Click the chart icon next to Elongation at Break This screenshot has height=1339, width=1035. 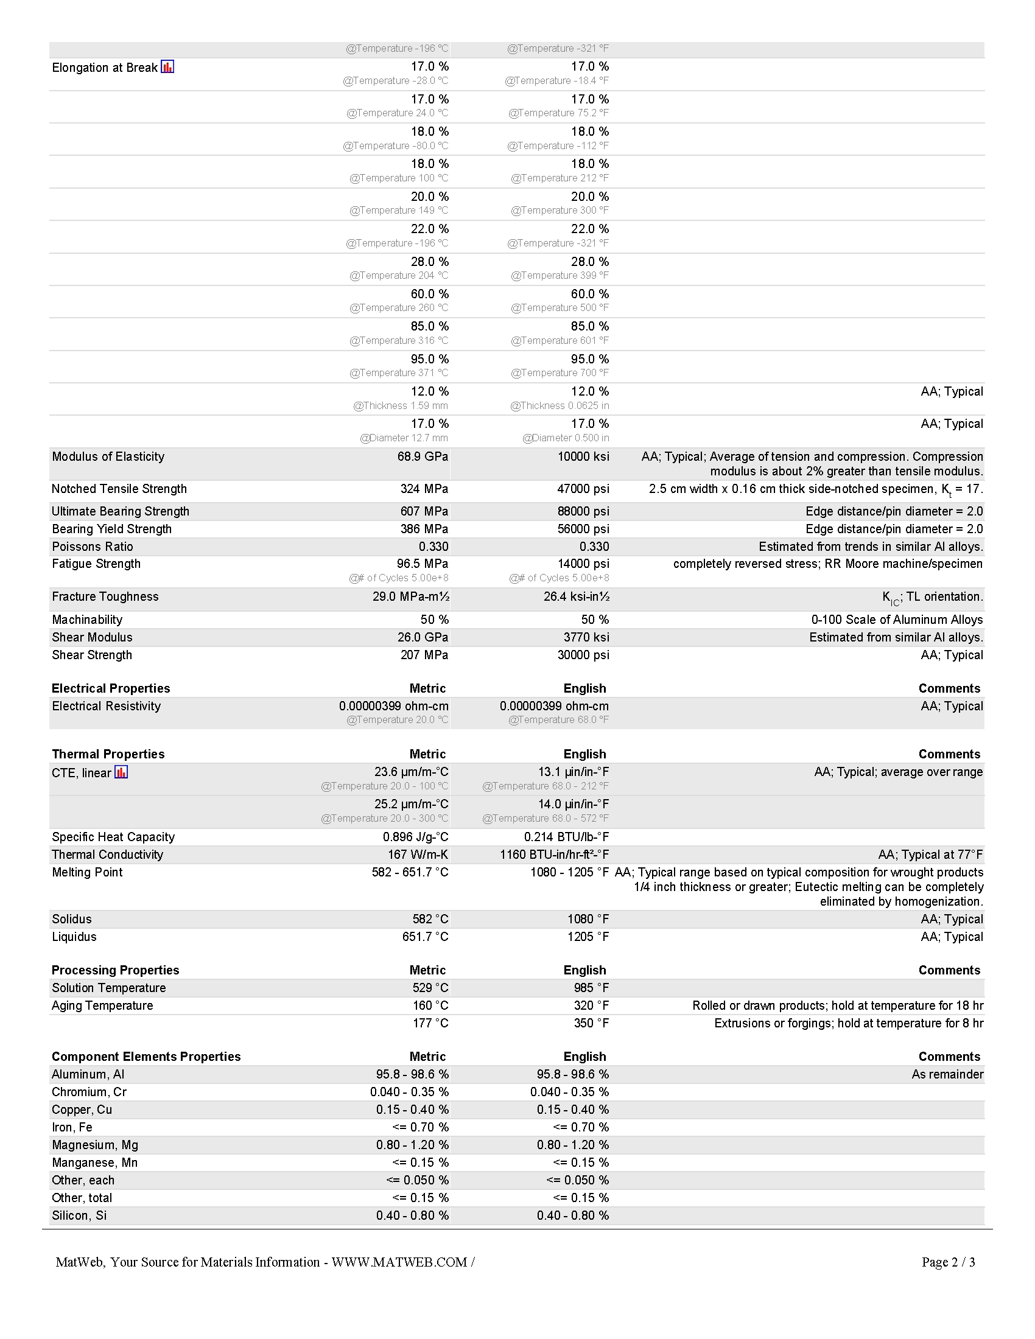[167, 67]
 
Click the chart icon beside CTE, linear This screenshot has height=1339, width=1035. [121, 772]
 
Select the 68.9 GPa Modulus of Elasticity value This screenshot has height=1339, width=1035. [423, 456]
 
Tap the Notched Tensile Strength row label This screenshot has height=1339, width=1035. [119, 489]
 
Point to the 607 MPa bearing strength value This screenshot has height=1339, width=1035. [424, 511]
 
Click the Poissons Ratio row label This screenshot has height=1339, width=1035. [93, 547]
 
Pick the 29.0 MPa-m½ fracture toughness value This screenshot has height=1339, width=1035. [410, 596]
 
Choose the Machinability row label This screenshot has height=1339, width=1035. [87, 620]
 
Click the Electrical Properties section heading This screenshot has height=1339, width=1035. [111, 688]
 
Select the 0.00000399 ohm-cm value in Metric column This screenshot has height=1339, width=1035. [394, 706]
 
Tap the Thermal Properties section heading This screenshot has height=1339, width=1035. [108, 754]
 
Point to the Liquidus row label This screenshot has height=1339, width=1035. [74, 937]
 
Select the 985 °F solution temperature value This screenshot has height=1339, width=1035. [591, 988]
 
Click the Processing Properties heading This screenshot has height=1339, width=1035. [115, 970]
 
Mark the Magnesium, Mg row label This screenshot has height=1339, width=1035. [95, 1145]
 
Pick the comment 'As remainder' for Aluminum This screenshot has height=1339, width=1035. [947, 1075]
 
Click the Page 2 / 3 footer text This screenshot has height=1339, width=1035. [948, 1262]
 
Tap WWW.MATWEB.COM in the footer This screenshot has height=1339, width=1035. [399, 1262]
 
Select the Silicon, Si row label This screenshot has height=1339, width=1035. [79, 1216]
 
